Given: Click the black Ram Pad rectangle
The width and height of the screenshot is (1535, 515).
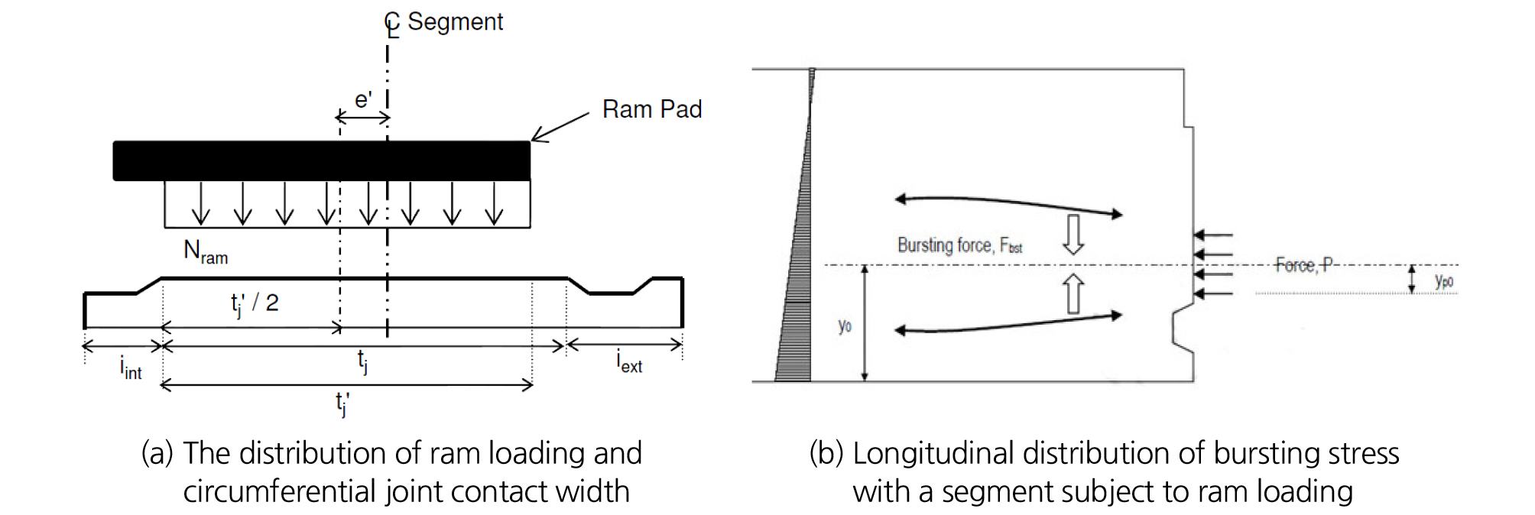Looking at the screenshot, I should click(x=321, y=160).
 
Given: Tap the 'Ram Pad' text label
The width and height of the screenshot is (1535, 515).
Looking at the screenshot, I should click(x=651, y=109).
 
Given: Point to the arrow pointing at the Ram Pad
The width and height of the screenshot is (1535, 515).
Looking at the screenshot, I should click(x=560, y=127).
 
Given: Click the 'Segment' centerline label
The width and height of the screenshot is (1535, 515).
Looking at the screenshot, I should click(x=455, y=21).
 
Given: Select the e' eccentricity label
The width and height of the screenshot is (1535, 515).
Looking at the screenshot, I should click(x=363, y=100).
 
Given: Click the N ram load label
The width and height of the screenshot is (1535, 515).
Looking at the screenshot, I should click(x=205, y=251).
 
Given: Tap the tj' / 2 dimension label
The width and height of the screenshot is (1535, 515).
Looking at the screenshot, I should click(x=255, y=303).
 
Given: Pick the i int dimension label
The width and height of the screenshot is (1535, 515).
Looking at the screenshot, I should click(x=131, y=368).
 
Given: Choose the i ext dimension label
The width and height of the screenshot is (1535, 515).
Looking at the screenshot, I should click(x=628, y=361).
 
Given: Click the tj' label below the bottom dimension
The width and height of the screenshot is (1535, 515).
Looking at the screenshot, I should click(x=342, y=403).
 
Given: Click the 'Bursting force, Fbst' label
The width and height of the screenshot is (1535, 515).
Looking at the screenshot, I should click(x=959, y=245).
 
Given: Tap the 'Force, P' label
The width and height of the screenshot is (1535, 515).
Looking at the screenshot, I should click(x=1304, y=264).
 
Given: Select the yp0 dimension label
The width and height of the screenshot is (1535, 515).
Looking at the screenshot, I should click(x=1443, y=280).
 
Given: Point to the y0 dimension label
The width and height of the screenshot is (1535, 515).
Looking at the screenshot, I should click(x=845, y=326).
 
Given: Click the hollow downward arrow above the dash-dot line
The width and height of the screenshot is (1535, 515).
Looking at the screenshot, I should click(x=1073, y=234).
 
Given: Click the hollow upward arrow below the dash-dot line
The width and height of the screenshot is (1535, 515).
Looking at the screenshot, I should click(x=1073, y=293).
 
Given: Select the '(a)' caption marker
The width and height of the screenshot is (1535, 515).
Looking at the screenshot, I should click(x=157, y=453).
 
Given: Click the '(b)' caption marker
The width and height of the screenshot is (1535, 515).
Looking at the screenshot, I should click(x=826, y=453).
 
